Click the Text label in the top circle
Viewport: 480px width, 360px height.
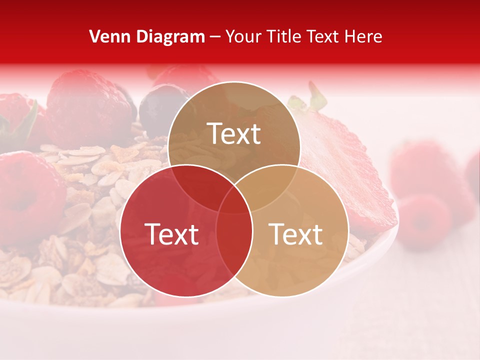(x=234, y=134)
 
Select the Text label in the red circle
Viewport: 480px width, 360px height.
(x=171, y=234)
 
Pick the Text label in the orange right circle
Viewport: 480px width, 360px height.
(x=296, y=234)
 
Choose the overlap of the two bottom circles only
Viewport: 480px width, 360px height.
(x=234, y=240)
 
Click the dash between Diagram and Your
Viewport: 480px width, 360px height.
(x=215, y=37)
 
